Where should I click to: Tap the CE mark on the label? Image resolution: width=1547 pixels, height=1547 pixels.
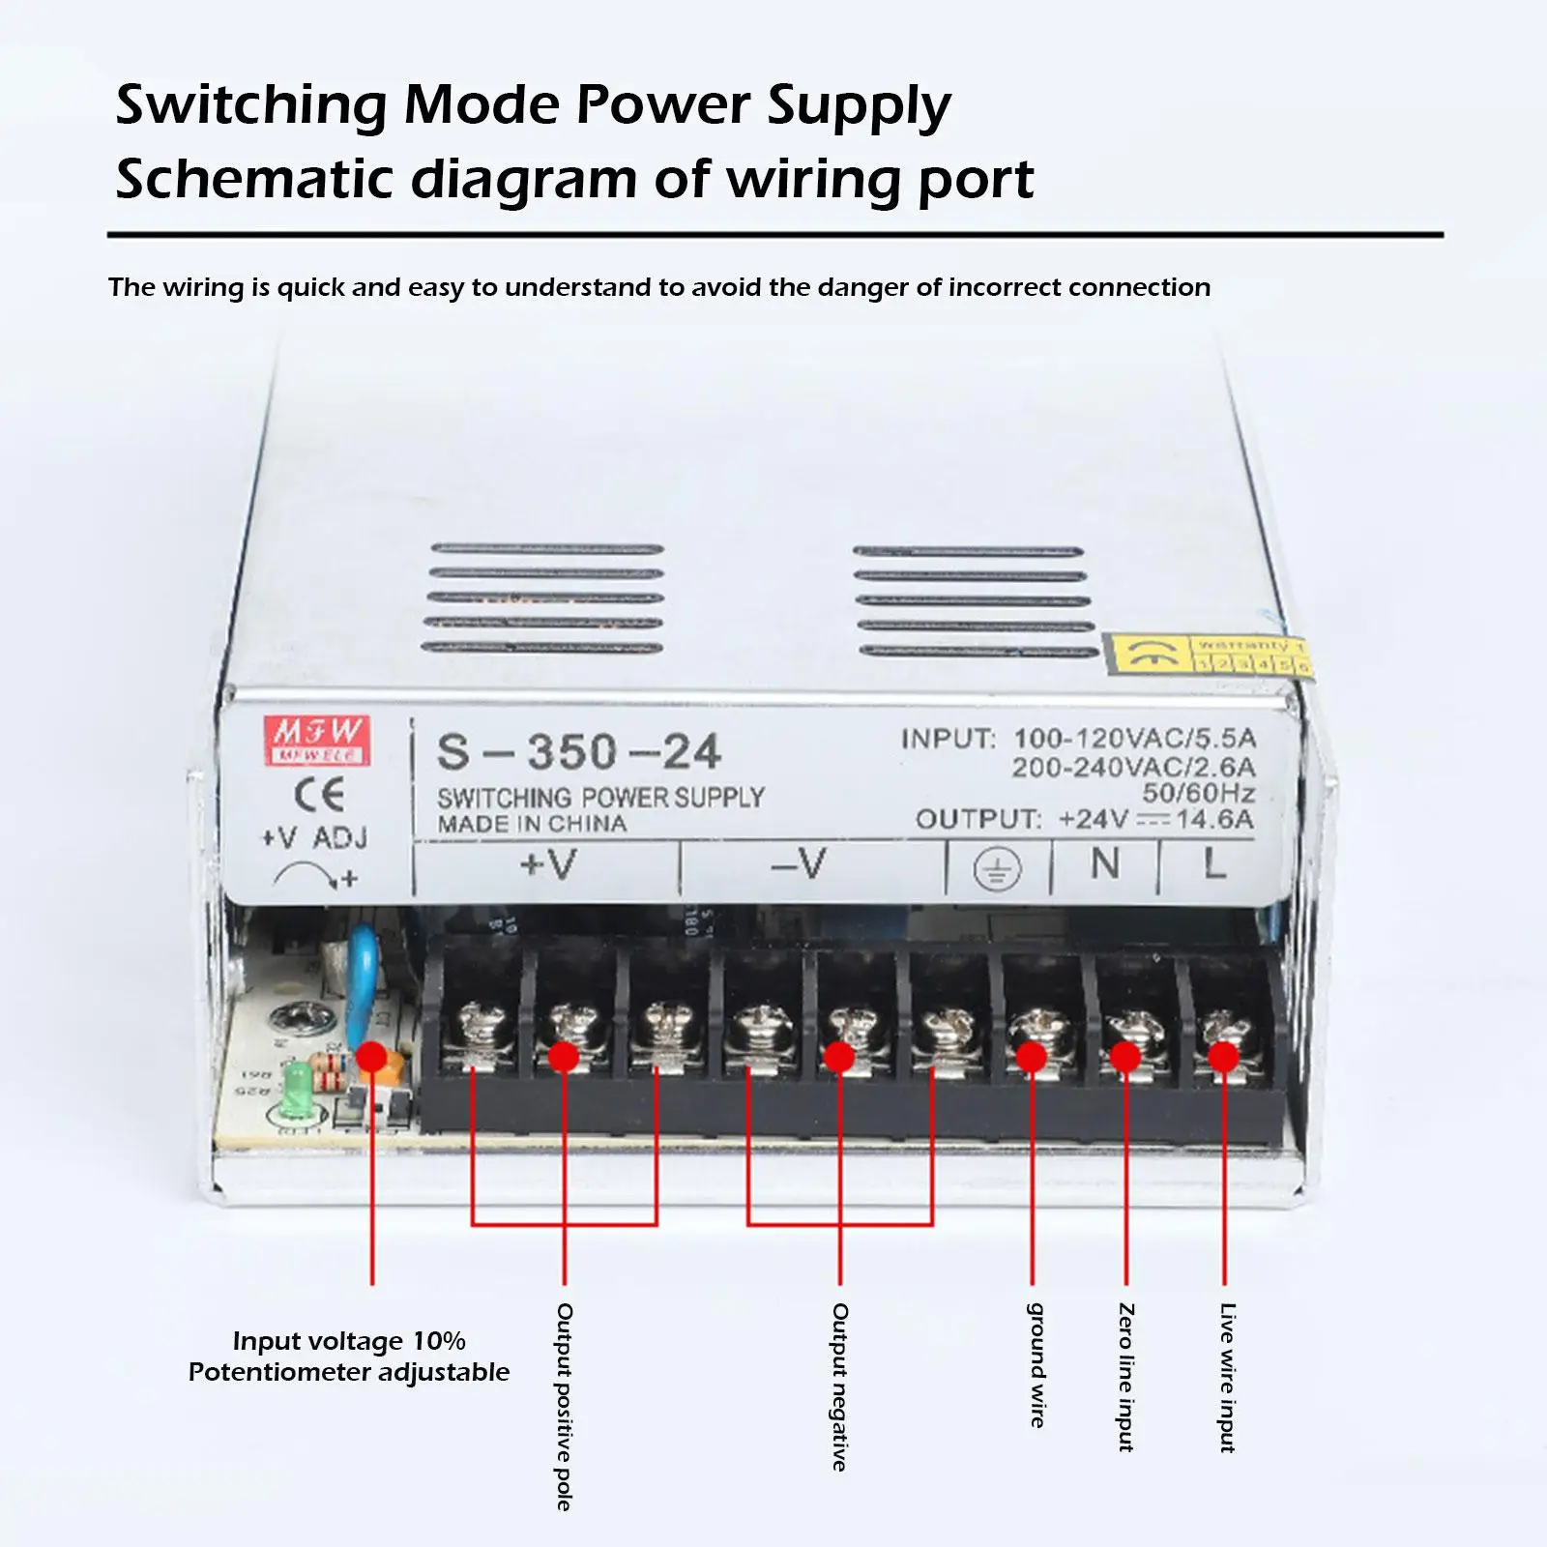click(319, 795)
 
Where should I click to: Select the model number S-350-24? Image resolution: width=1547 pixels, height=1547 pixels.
click(578, 752)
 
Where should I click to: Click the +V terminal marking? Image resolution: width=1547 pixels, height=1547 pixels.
click(548, 862)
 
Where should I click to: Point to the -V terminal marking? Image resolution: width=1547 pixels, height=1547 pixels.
click(800, 863)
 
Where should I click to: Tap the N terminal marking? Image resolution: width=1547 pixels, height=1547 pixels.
click(1105, 863)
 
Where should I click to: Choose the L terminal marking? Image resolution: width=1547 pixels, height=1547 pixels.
click(1214, 863)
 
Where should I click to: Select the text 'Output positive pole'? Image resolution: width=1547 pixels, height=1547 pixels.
click(565, 1405)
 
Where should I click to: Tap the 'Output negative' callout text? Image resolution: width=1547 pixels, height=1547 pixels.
click(840, 1386)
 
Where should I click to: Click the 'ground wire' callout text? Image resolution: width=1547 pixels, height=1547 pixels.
click(1036, 1364)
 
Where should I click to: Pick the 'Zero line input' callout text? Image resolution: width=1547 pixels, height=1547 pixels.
click(1126, 1377)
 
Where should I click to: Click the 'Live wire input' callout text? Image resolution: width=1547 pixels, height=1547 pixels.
click(1227, 1377)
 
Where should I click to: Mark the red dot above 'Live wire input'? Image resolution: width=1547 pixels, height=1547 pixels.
click(1223, 1057)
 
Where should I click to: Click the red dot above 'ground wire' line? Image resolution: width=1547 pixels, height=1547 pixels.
click(1032, 1057)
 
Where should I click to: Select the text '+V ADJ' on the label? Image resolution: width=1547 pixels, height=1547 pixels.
click(314, 837)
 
